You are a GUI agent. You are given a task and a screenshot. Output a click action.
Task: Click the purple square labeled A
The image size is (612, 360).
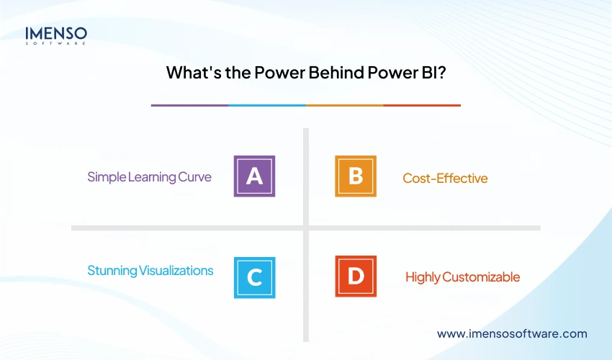[x=254, y=176]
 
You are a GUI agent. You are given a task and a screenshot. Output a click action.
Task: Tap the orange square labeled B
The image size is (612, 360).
[x=356, y=176]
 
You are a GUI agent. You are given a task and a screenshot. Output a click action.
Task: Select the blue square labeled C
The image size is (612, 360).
[x=254, y=277]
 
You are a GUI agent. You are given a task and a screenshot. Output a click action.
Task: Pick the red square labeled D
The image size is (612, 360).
[x=356, y=276]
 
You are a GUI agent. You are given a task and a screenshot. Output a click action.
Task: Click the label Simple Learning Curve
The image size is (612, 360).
[x=149, y=176]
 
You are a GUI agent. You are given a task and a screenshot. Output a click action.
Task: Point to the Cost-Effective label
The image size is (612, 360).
[x=445, y=178]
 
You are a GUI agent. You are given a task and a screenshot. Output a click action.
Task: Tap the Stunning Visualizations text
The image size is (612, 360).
[x=150, y=271]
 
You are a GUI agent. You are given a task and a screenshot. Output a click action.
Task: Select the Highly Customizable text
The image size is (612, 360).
[x=462, y=276]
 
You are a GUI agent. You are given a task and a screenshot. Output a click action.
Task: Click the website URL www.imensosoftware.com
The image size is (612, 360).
[x=512, y=333]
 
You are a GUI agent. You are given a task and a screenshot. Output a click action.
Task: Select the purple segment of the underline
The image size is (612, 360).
[x=189, y=105]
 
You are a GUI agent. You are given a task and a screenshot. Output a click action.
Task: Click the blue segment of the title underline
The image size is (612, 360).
[x=267, y=105]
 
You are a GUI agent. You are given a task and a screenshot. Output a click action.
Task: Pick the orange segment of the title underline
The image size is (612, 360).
[x=344, y=105]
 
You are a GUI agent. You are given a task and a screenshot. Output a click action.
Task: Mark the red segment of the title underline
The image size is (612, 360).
[x=422, y=105]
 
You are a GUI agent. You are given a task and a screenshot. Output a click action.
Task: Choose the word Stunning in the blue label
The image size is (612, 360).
[x=112, y=271]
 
